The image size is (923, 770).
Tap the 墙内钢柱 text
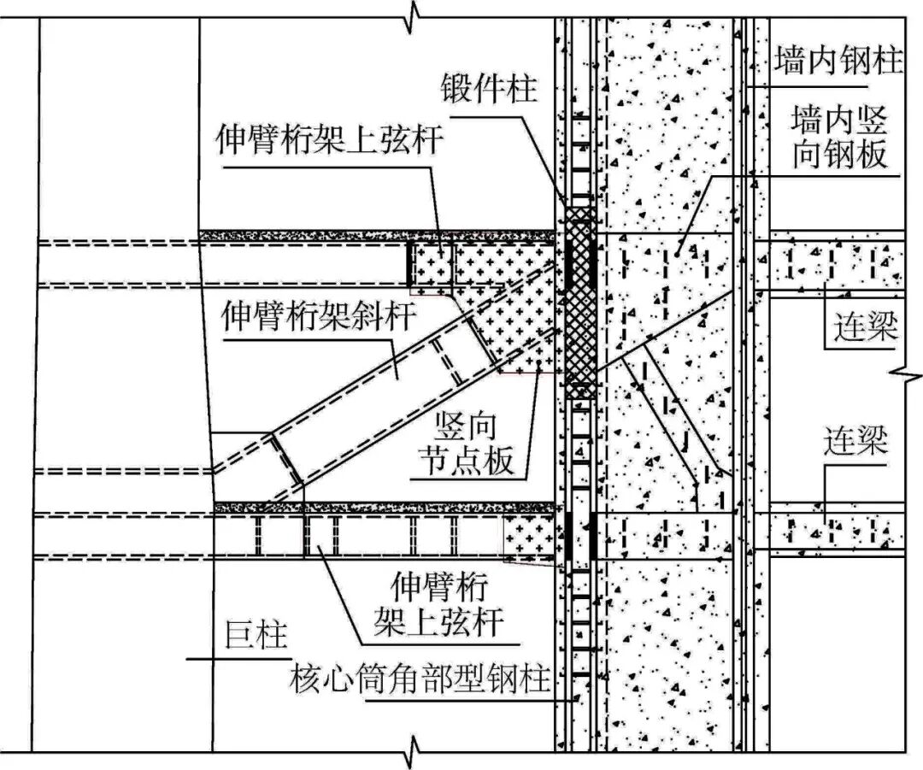pos(838,62)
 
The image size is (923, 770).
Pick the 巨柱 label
pos(255,638)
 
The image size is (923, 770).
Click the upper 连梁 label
pos(863,326)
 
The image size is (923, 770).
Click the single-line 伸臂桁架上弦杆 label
pos(332,139)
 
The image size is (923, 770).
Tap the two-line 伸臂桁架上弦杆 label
pos(438,603)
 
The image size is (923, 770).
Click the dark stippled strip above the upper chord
pos(376,232)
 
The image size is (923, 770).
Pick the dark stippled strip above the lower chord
pos(385,508)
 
